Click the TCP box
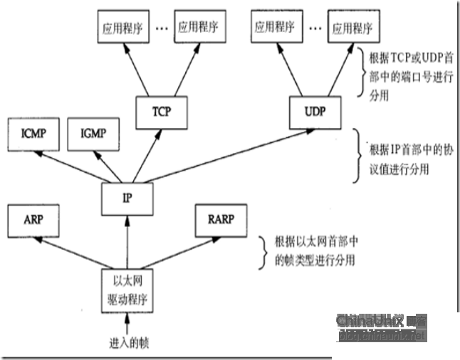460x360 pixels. [161, 112]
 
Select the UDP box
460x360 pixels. [316, 112]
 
